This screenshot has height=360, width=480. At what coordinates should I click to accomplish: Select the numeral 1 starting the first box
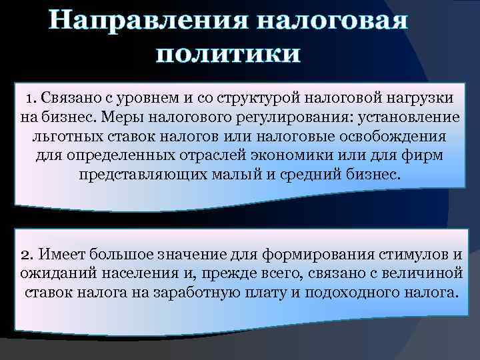30,98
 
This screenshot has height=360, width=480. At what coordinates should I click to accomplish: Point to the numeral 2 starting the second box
26,254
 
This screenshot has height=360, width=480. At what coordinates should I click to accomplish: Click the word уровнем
146,98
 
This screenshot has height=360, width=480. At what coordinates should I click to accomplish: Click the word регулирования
299,117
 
